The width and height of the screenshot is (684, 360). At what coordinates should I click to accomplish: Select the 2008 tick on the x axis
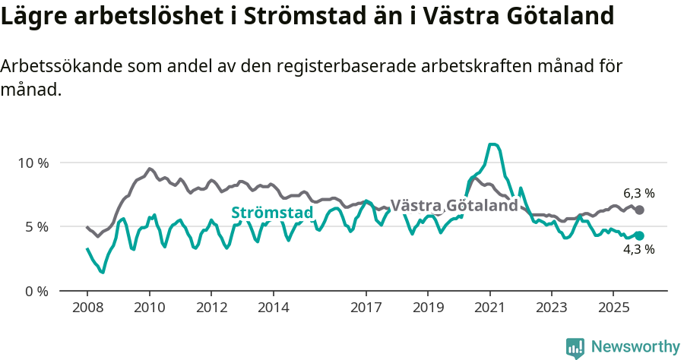[87, 308]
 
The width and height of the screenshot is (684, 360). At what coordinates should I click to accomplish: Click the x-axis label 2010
[150, 308]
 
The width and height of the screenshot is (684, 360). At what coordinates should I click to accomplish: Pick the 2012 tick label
[211, 308]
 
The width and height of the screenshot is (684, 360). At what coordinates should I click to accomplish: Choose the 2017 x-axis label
[366, 308]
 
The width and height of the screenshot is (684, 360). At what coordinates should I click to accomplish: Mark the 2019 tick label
[428, 308]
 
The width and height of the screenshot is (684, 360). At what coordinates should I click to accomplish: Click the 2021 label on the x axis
[490, 308]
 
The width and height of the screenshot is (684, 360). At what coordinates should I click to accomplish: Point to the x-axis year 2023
[552, 308]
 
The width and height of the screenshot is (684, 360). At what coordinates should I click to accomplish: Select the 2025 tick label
[614, 308]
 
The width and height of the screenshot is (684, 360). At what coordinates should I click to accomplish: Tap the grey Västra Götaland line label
[454, 205]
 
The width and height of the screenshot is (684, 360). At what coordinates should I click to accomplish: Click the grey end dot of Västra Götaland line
[639, 210]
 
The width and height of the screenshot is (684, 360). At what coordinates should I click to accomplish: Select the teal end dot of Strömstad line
[639, 235]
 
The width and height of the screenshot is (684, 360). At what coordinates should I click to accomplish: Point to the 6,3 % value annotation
[638, 193]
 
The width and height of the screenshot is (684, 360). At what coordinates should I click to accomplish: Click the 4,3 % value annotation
[638, 249]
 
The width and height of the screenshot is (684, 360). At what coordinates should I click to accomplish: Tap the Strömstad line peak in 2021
[493, 144]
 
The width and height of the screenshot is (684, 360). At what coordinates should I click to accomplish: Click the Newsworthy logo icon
[575, 348]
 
